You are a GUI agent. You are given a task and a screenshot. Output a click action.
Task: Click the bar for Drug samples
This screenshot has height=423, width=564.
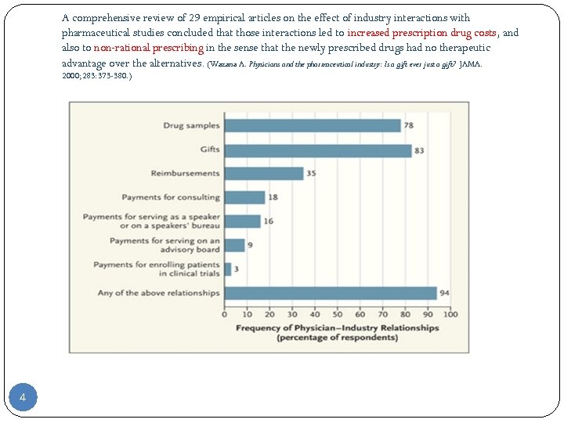point(312,125)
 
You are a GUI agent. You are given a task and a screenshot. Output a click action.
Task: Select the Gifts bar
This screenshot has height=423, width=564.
point(317,150)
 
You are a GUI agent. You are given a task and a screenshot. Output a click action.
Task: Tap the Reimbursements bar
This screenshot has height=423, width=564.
point(263,173)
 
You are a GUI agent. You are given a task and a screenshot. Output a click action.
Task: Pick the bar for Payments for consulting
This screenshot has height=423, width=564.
point(244,197)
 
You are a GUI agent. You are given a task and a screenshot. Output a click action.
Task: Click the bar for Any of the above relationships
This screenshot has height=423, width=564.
point(330,293)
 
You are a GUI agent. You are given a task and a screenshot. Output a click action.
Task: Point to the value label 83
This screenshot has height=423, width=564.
point(419,150)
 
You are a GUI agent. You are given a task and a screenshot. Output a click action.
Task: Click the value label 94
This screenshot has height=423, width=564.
point(444,294)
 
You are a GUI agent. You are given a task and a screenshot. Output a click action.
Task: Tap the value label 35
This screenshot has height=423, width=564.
point(311,173)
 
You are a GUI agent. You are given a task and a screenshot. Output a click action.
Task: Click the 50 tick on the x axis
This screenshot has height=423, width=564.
point(337,315)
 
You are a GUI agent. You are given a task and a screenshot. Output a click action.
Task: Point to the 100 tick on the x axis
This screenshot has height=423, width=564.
point(450,315)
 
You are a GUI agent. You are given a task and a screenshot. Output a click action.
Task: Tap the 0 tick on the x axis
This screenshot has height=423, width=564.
point(224,315)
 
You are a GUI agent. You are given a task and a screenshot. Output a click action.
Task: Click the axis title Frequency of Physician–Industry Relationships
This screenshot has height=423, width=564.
point(337,328)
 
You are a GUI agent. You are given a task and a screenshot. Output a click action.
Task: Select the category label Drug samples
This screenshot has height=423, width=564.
point(191,125)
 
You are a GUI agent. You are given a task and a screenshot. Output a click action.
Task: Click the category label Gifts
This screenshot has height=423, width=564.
point(210,150)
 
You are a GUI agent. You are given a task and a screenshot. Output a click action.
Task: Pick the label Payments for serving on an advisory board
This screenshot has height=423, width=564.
point(164,245)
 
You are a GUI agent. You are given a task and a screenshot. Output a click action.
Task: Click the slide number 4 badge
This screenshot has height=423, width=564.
point(23,398)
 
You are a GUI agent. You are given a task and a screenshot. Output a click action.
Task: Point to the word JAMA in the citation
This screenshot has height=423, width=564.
point(470,63)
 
